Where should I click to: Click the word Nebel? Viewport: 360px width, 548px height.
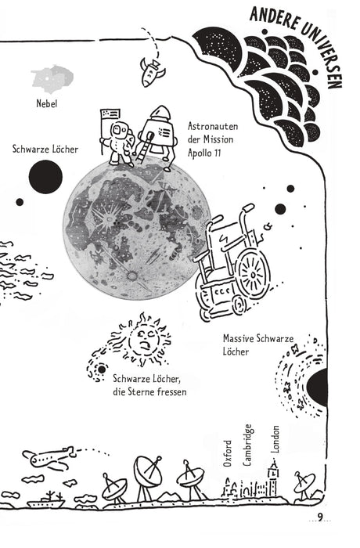point(46,103)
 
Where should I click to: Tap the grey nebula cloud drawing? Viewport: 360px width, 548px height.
point(52,79)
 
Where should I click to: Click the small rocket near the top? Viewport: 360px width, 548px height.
point(151,72)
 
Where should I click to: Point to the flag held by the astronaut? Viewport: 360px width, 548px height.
point(110,114)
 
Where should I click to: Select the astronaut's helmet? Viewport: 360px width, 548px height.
point(118,130)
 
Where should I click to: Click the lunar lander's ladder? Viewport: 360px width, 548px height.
point(143,148)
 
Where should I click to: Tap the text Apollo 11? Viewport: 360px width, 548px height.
point(204,153)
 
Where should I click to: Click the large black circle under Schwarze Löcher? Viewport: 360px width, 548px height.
point(45,177)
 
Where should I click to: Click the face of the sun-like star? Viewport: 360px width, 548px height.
point(144,339)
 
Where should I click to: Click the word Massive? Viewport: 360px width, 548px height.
point(239,338)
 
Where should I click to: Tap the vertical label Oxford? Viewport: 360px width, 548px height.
point(228,453)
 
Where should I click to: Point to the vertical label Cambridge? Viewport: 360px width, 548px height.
point(247,445)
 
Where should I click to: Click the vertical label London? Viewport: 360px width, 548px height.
point(275,439)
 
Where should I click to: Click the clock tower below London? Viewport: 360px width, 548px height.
point(273,478)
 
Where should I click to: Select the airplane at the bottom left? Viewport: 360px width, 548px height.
point(50,458)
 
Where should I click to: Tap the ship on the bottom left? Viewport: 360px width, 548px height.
point(46,499)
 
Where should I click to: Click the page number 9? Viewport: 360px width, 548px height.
point(320,517)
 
